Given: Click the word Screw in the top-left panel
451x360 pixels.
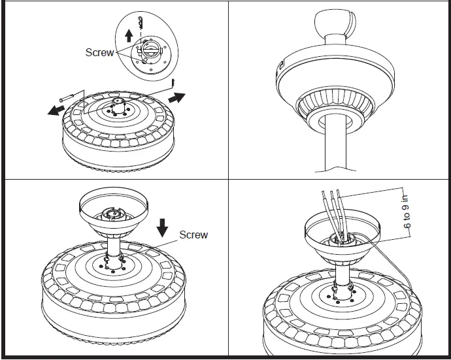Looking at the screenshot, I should pos(99,52).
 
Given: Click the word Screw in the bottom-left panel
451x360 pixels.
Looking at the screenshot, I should pos(193,235).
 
